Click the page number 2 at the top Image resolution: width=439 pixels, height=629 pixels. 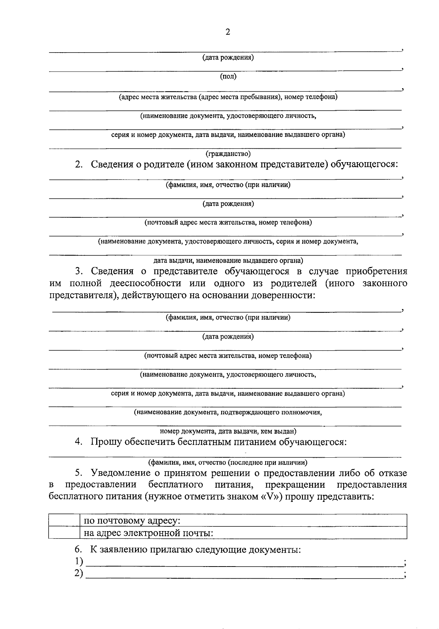tap(228, 32)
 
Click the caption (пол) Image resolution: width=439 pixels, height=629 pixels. tap(228, 77)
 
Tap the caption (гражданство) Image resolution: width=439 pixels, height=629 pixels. tap(228, 154)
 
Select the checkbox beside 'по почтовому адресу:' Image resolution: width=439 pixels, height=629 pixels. tap(64, 520)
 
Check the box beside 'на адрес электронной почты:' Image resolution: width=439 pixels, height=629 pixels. tap(64, 533)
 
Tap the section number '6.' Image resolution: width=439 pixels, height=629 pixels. tap(78, 549)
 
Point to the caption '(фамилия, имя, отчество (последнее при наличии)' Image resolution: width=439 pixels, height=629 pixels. tap(227, 462)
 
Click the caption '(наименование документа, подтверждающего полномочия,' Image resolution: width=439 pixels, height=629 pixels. tap(228, 412)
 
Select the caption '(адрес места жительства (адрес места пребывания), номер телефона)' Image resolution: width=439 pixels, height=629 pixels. tap(228, 97)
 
